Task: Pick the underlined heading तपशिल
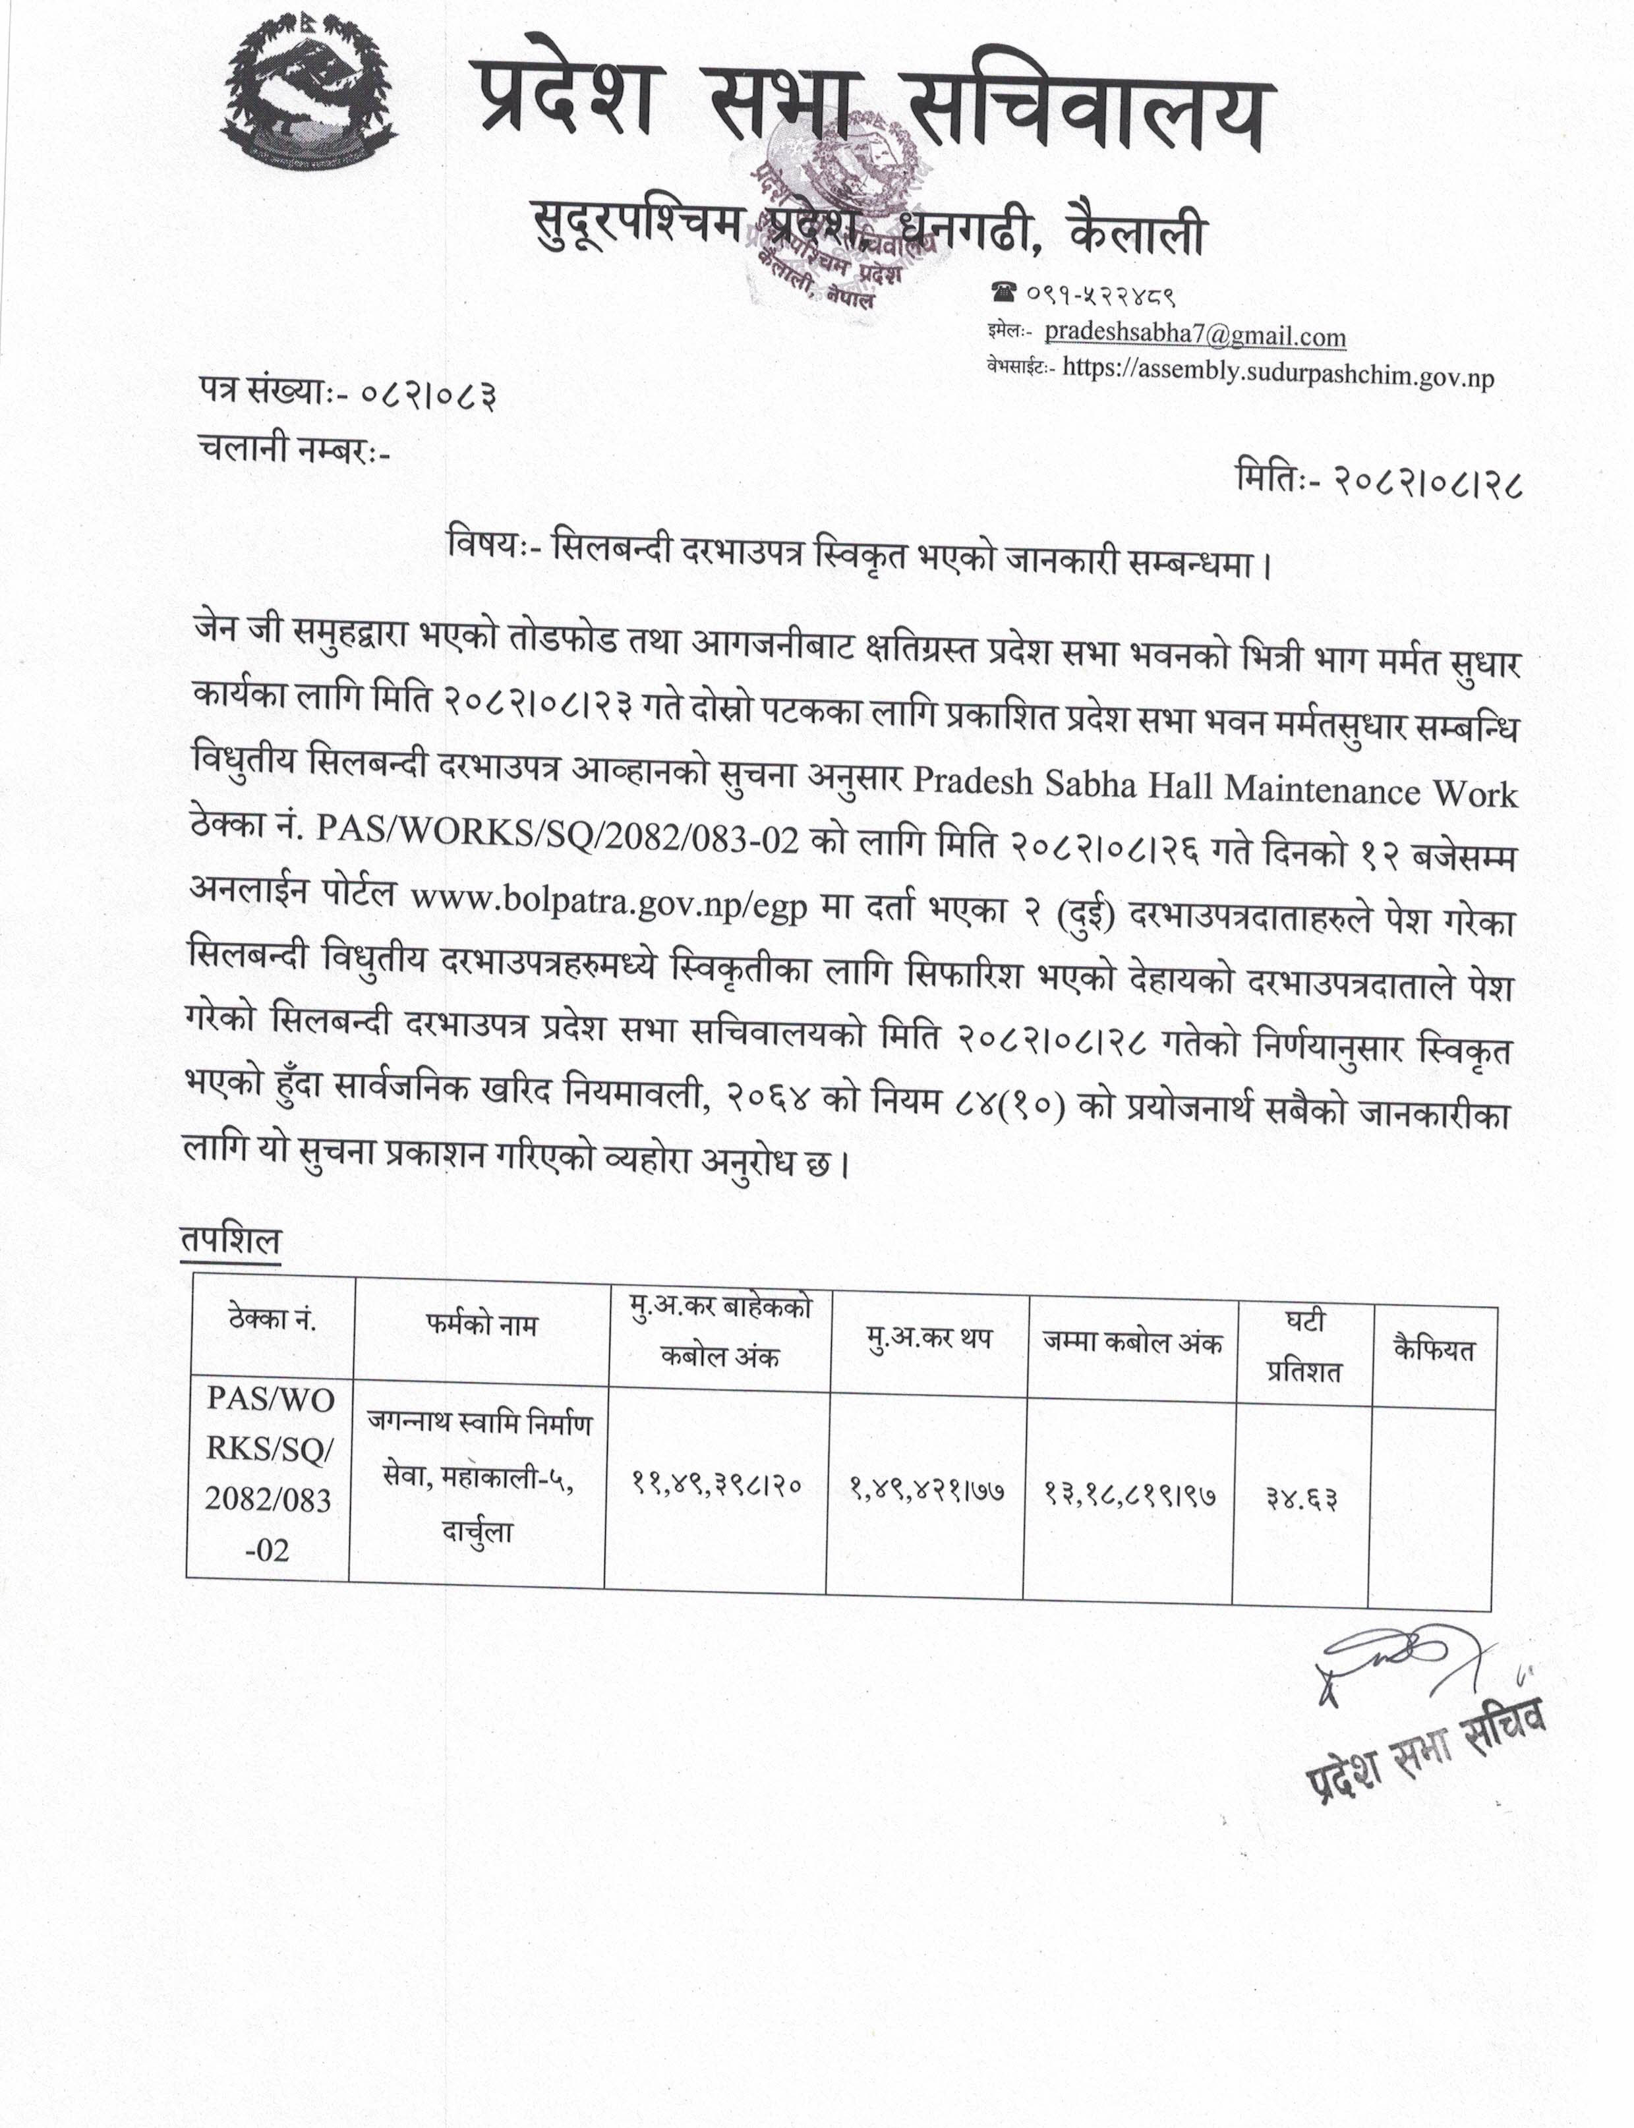click(231, 1241)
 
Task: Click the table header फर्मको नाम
click(481, 1325)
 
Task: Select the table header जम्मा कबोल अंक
click(1132, 1343)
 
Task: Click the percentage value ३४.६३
click(1301, 1498)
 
